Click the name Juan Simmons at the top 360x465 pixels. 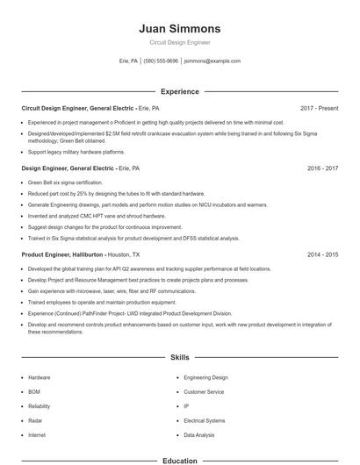point(180,29)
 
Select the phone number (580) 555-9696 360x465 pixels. point(161,61)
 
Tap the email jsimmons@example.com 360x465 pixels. point(212,61)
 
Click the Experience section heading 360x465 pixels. point(180,91)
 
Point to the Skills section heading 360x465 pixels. point(180,358)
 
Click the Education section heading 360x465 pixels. point(180,460)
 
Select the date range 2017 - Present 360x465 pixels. point(319,108)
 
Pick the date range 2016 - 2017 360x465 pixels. point(322,167)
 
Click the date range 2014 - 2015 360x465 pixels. point(322,254)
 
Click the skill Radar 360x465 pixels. point(36,420)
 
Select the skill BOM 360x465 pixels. point(34,391)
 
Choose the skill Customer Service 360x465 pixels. point(204,391)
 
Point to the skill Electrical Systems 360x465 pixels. point(205,420)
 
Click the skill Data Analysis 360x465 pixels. point(199,434)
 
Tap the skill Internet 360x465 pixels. point(37,434)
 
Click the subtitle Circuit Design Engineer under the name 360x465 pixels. point(180,42)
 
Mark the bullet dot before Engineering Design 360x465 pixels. point(177,377)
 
